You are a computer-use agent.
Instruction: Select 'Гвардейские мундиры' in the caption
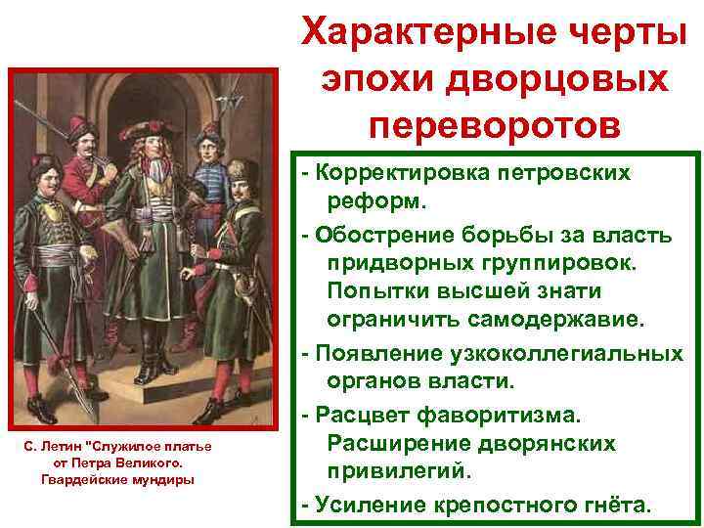point(118,478)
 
